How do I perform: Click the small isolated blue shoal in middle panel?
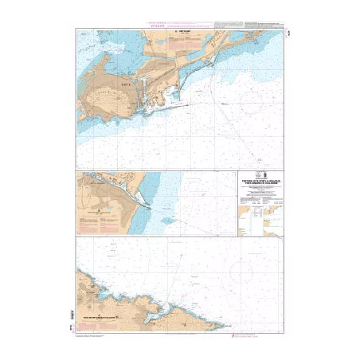[x=166, y=220]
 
